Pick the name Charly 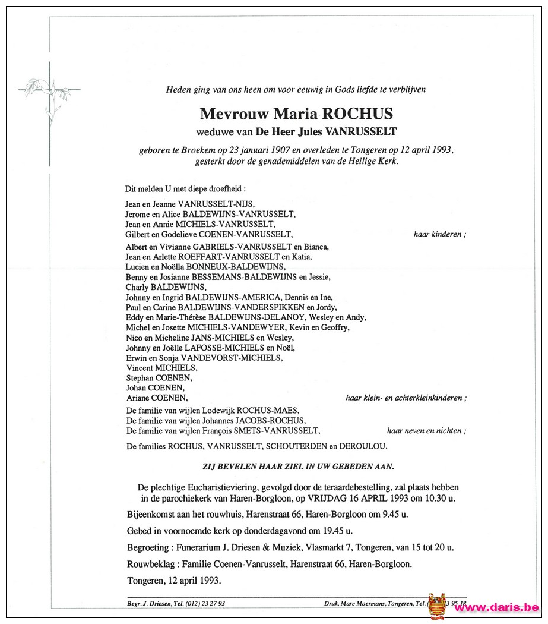click(x=138, y=287)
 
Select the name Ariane click(x=139, y=398)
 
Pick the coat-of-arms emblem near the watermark click(x=437, y=606)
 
